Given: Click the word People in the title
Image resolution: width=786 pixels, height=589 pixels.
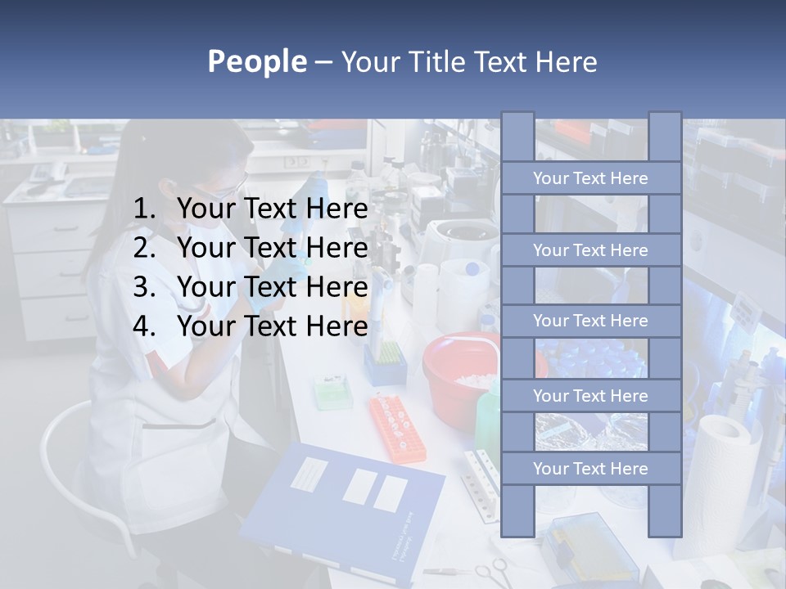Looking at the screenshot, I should tap(256, 61).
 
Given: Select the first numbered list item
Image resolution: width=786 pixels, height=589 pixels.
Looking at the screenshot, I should tap(251, 209).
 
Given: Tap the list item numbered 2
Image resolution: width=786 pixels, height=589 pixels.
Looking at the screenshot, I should tap(251, 248).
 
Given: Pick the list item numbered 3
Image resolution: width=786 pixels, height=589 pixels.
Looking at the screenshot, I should tap(251, 287).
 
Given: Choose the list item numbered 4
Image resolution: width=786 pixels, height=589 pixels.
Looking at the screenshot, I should tap(251, 326).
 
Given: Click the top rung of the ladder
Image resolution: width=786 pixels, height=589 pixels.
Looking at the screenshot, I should tap(590, 178).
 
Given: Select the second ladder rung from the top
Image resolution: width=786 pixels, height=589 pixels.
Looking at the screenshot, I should tap(590, 250).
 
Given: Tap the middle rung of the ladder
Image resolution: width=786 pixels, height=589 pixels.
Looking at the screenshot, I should tap(590, 321).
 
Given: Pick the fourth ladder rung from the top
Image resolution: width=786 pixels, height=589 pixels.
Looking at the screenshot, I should tap(590, 396).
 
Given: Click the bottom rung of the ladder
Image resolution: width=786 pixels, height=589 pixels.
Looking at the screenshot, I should tap(590, 469).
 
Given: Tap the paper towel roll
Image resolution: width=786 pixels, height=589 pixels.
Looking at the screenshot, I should tap(725, 474).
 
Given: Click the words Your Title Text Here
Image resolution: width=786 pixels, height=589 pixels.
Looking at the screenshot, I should tap(468, 61).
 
